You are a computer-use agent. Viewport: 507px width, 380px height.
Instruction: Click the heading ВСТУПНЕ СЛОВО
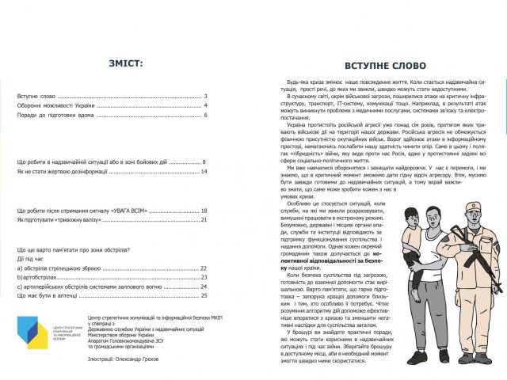coord(385,66)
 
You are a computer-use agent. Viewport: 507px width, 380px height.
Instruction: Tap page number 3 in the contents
coord(205,95)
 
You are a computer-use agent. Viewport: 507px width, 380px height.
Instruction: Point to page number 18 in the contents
coord(204,211)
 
